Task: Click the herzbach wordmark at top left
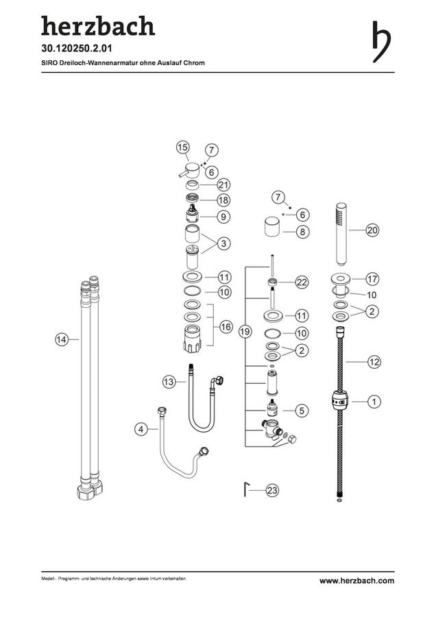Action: [98, 26]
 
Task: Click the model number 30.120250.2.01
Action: [77, 49]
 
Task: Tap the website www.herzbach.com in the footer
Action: [356, 581]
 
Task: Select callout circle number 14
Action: [62, 339]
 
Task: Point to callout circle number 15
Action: [182, 148]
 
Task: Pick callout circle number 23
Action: [272, 490]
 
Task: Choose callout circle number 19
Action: [245, 332]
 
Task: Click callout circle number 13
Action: [169, 381]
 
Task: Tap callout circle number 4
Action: [141, 429]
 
